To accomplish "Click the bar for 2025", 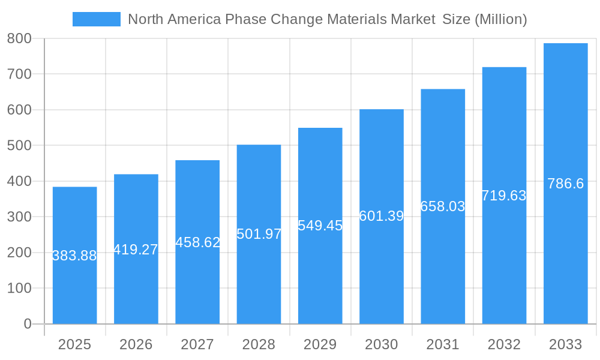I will pyautogui.click(x=74, y=282).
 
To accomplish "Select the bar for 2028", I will pyautogui.click(x=259, y=276).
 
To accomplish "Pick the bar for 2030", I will pyautogui.click(x=382, y=270).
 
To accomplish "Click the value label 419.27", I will pyautogui.click(x=136, y=250).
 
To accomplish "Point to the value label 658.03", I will pyautogui.click(x=443, y=206).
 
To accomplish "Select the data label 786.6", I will pyautogui.click(x=565, y=184).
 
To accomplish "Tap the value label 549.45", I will pyautogui.click(x=320, y=226).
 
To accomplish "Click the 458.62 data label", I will pyautogui.click(x=197, y=242).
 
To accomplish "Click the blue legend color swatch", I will pyautogui.click(x=96, y=19).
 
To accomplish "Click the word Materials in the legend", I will pyautogui.click(x=356, y=19).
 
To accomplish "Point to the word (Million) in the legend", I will pyautogui.click(x=500, y=19).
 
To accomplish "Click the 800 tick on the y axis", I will pyautogui.click(x=19, y=38).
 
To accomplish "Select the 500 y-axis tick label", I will pyautogui.click(x=19, y=146).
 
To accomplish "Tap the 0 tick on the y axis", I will pyautogui.click(x=27, y=324).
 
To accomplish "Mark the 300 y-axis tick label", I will pyautogui.click(x=19, y=217).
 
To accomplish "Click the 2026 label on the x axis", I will pyautogui.click(x=136, y=344).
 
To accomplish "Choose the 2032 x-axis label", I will pyautogui.click(x=504, y=344).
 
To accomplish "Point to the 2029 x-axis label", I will pyautogui.click(x=320, y=344).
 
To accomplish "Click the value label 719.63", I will pyautogui.click(x=504, y=196).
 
